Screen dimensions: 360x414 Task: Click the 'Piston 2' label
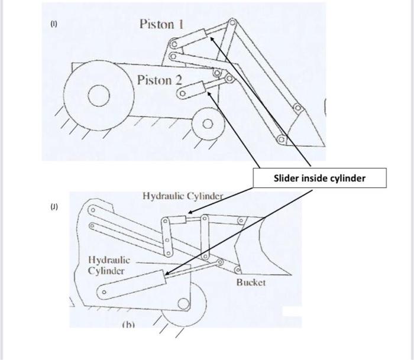tap(159, 80)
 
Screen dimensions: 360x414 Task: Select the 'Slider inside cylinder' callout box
tap(320, 178)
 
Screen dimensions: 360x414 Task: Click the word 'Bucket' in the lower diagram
tap(251, 283)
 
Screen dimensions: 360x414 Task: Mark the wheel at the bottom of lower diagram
tap(184, 306)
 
